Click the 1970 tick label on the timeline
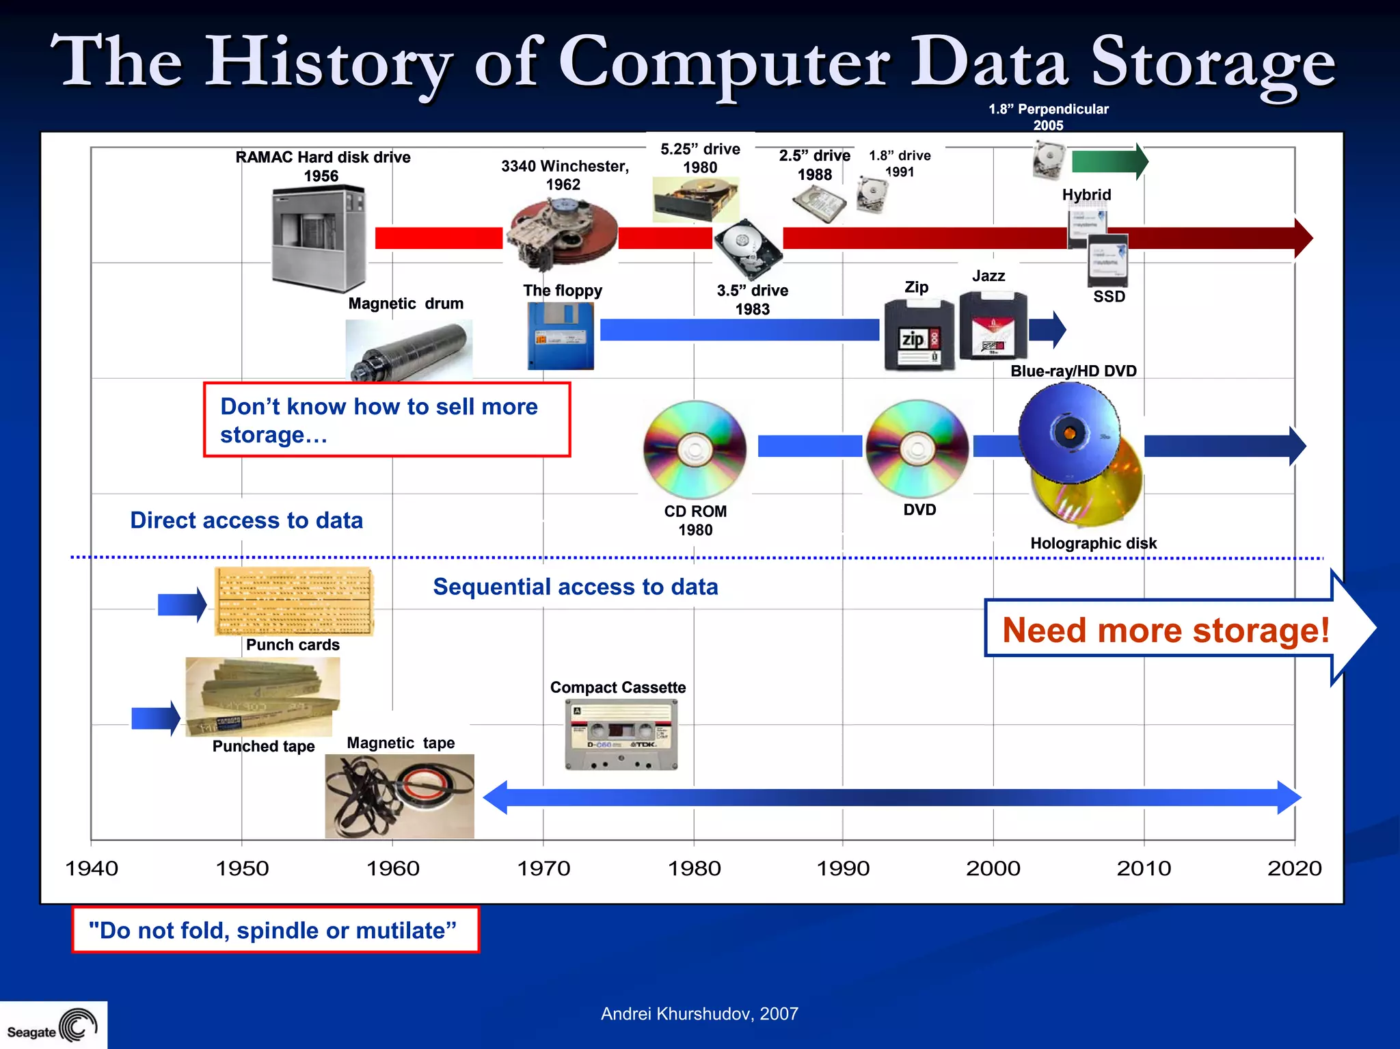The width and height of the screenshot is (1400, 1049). click(543, 868)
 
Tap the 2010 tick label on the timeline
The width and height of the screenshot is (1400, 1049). click(1144, 868)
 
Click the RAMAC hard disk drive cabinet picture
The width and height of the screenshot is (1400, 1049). click(319, 237)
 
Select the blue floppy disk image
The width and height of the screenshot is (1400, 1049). click(561, 336)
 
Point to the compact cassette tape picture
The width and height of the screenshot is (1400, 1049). click(621, 735)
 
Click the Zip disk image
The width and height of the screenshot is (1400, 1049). click(919, 335)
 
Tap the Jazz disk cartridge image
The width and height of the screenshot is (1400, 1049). click(993, 326)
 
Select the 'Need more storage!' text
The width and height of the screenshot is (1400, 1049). click(1166, 629)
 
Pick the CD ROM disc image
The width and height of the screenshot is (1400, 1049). click(695, 449)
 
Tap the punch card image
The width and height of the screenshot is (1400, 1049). click(294, 601)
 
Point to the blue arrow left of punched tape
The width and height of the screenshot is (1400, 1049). click(155, 718)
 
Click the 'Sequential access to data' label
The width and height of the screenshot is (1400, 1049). click(575, 587)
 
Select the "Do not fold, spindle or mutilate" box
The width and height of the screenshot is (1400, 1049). click(275, 930)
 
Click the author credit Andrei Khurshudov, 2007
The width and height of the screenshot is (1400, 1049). click(699, 1013)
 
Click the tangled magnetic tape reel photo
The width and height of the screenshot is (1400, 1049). click(399, 796)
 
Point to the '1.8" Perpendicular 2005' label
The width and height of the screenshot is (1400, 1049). click(1048, 117)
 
